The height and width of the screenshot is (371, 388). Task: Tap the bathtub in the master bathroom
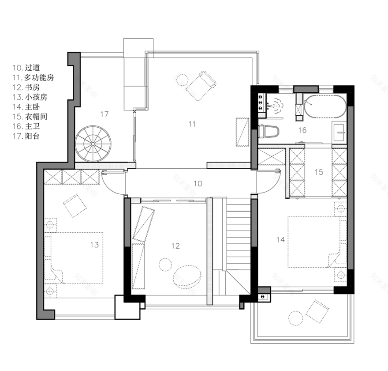click(x=325, y=107)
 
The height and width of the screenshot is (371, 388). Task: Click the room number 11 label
click(x=192, y=124)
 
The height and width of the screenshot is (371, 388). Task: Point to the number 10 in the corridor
click(x=198, y=184)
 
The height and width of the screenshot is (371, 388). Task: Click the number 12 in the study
click(x=175, y=246)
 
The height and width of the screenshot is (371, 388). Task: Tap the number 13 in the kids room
click(x=94, y=245)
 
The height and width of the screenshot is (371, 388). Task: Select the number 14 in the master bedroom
click(x=280, y=240)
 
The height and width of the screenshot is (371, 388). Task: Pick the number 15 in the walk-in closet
click(x=319, y=172)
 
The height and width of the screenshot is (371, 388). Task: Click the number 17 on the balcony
click(x=104, y=114)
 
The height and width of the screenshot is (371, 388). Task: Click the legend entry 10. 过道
click(x=26, y=68)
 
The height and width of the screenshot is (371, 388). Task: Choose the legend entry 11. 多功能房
click(x=33, y=78)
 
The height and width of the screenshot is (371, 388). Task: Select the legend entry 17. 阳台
click(x=26, y=136)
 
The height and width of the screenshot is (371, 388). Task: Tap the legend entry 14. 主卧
click(x=26, y=107)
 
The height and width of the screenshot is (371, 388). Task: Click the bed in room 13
click(x=74, y=258)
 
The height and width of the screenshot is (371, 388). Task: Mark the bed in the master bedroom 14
click(x=317, y=242)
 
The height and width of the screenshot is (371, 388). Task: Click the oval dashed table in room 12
click(x=187, y=276)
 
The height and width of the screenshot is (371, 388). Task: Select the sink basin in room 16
click(x=339, y=132)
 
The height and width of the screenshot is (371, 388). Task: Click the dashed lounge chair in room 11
click(x=201, y=86)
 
